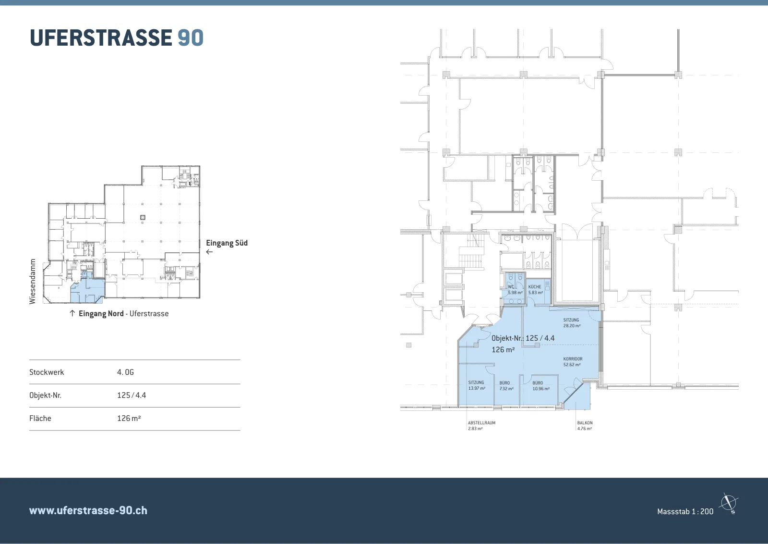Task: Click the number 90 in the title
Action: point(191,37)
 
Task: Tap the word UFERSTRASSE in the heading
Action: point(101,37)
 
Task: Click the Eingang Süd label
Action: point(227,243)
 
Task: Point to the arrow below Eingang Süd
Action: point(209,252)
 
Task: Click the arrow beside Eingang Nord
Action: point(72,313)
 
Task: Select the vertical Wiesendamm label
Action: point(33,282)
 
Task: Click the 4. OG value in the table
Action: point(125,372)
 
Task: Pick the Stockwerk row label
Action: point(47,372)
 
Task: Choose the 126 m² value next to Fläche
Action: point(129,418)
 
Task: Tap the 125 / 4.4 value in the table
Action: point(132,395)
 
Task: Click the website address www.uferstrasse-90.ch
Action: point(88,510)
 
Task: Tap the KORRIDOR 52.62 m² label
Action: point(573,362)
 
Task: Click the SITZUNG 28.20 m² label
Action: point(572,322)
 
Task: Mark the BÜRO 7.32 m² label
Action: point(506,386)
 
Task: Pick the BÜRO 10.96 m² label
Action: point(541,386)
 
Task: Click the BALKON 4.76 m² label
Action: point(585,426)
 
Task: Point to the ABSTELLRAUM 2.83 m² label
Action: point(482,426)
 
